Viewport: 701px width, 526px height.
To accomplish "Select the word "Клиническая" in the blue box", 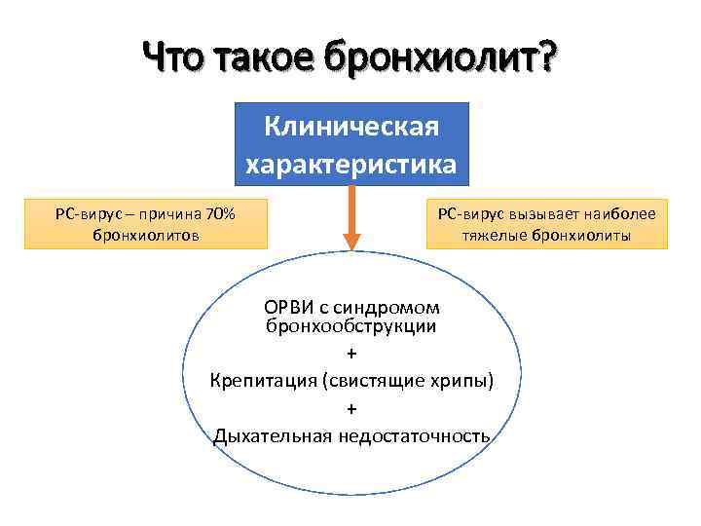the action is click(351, 128).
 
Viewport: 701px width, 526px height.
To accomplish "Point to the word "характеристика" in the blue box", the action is click(351, 164).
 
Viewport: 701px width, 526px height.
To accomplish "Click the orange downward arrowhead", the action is click(351, 241).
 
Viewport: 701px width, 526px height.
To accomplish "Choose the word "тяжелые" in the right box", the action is click(502, 235).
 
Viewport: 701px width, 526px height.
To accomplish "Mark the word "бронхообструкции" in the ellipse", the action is click(351, 326).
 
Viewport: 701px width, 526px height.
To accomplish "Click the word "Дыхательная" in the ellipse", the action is click(274, 434).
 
